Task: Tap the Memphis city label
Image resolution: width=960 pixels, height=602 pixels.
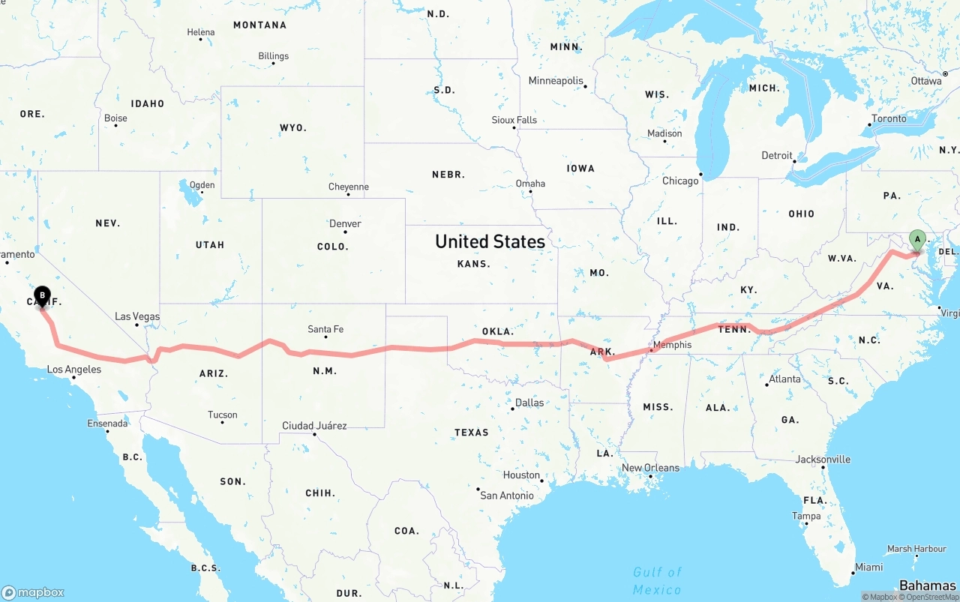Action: coord(671,346)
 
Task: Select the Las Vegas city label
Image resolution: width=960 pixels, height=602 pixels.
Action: coord(137,316)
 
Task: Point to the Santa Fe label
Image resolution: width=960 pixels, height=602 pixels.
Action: coord(325,329)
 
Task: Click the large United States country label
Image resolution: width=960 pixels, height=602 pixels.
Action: coord(490,241)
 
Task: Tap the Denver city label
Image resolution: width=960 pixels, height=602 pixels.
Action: coord(345,223)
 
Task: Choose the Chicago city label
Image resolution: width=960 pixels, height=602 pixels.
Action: coord(679,181)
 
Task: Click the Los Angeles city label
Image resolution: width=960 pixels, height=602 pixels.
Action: coord(73,370)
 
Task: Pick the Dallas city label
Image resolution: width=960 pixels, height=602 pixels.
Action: coord(529,403)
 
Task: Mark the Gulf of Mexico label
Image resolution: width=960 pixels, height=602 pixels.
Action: coord(657,580)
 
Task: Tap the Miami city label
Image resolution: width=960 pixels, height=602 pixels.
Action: coord(868,567)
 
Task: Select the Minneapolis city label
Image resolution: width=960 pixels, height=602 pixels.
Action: coord(556,80)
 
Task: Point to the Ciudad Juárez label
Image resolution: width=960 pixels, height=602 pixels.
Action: coord(314,426)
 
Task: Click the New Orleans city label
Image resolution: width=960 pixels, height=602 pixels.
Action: coord(650,468)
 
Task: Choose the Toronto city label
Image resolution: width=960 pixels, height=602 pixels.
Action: coord(889,118)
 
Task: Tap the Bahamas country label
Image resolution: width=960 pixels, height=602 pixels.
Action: coord(928,585)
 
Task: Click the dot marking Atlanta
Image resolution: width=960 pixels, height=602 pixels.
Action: coord(767,385)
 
